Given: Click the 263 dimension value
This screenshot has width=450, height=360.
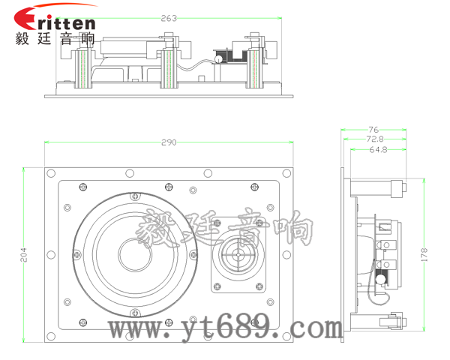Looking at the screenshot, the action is pos(169,18).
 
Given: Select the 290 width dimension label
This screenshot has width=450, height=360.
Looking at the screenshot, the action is pos(169,142).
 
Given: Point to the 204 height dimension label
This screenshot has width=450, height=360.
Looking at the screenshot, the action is pos(23,255).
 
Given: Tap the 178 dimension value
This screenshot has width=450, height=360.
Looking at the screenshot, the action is pos(424,255).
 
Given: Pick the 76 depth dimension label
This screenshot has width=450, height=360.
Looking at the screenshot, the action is pos(373,130).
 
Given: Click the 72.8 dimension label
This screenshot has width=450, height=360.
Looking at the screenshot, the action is pos(375,139).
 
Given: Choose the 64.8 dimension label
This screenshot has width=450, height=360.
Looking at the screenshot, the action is pos(378,149).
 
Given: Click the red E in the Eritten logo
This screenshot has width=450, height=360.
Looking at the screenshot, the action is pos(25,19).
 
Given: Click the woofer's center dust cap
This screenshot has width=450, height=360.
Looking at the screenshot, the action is pos(135,255).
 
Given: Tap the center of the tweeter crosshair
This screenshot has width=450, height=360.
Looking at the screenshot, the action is pos(238,255).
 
